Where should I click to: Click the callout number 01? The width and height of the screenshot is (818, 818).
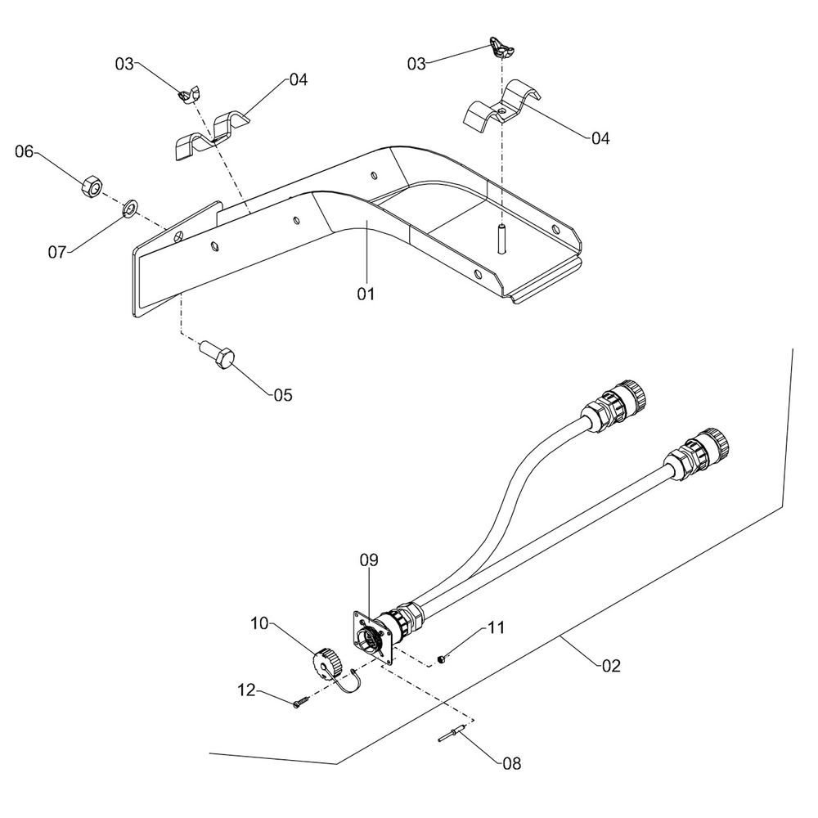click(365, 293)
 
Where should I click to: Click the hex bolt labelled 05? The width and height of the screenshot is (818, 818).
click(219, 357)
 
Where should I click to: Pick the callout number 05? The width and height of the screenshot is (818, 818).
click(282, 394)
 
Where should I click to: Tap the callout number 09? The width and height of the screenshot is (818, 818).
click(369, 560)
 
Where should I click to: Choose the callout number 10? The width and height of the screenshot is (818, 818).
click(260, 623)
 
